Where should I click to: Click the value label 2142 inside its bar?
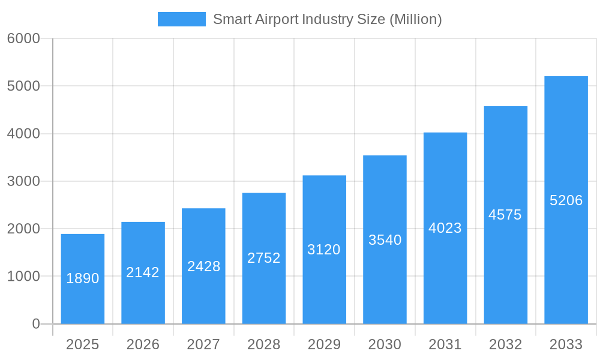tap(143, 272)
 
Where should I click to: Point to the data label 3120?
tap(324, 250)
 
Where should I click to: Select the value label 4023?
tap(445, 228)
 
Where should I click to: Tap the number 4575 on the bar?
tap(505, 215)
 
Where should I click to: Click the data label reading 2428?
tap(203, 266)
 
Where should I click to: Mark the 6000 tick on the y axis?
tap(23, 38)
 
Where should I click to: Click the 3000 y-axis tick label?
tap(23, 181)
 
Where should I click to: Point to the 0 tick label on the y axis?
tap(35, 324)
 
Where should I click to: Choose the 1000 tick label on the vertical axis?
tap(23, 277)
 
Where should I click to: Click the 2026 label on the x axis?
tap(143, 344)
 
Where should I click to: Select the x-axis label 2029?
tap(324, 344)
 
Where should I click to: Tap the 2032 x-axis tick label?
tap(505, 344)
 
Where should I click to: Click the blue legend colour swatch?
tap(181, 19)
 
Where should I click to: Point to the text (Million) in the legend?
tap(415, 19)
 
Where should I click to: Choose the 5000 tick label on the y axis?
tap(23, 86)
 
